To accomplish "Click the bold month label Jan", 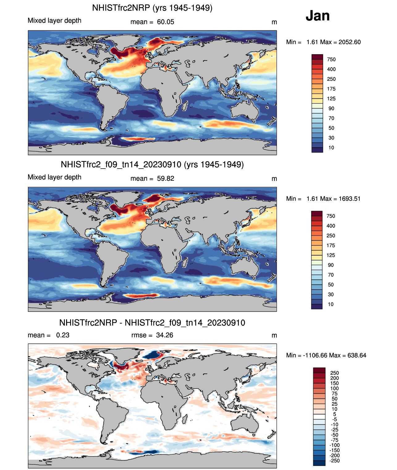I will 318,16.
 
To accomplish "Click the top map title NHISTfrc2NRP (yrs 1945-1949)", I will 152,8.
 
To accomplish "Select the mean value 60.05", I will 166,22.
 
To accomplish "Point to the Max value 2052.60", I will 349,42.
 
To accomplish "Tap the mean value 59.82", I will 166,179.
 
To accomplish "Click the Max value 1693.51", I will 349,199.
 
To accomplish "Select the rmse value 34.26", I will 165,335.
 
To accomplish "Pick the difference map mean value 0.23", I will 63,335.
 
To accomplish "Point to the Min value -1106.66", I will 315,355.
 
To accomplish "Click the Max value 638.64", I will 357,355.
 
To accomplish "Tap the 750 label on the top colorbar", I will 331,59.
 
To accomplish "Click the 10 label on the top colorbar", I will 331,148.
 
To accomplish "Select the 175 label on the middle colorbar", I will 331,245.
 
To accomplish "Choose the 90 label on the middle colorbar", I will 331,265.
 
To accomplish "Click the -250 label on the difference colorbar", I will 335,461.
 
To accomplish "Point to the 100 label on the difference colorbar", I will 335,388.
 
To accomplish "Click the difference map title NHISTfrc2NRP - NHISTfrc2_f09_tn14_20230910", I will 152,323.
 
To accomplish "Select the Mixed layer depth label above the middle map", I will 54,177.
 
